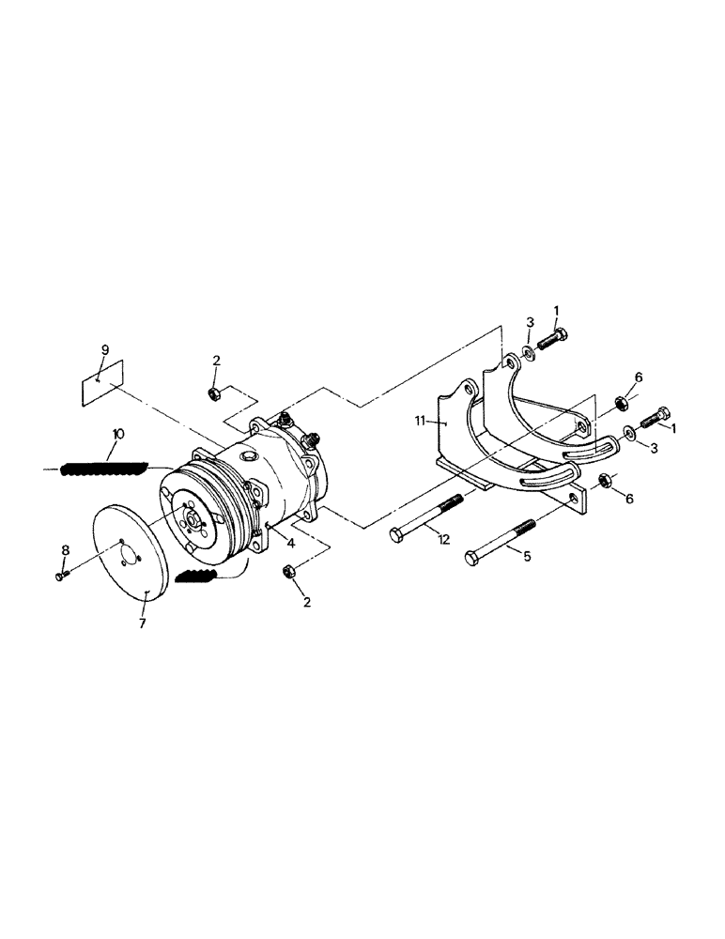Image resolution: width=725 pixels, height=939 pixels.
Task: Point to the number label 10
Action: (x=118, y=435)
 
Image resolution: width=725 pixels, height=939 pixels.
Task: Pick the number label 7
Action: (x=143, y=623)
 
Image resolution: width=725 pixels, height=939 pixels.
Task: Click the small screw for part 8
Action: (x=62, y=576)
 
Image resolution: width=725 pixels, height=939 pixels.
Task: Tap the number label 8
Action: (x=65, y=549)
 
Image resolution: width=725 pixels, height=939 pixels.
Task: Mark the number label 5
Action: (x=527, y=556)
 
